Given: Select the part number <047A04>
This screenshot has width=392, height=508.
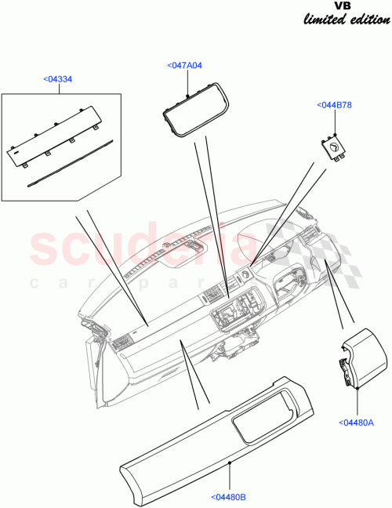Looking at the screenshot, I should (x=185, y=67).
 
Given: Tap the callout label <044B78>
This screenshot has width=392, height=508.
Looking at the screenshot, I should (x=335, y=104).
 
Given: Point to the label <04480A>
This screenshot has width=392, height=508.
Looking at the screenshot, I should (x=358, y=423).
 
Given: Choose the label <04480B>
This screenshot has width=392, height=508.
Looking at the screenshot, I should (x=229, y=496).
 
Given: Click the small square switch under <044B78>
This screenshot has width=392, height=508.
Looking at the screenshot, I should (x=333, y=149).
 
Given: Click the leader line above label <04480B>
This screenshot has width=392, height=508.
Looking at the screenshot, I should (x=229, y=477).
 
